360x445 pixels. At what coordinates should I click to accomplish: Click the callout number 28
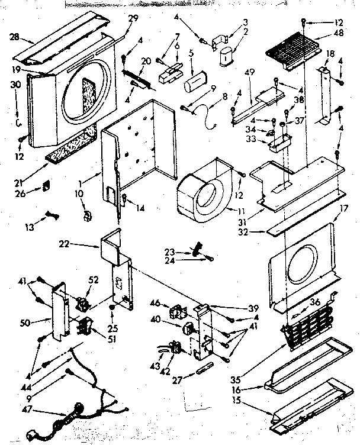[14, 37]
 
